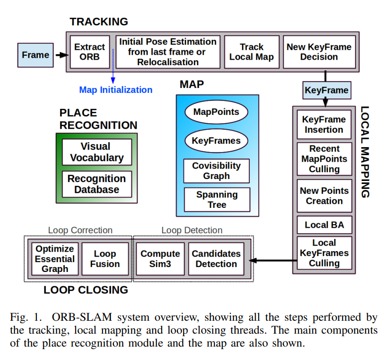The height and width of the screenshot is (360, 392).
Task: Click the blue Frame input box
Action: coord(35,55)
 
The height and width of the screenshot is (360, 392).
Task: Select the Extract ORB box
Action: coord(90,52)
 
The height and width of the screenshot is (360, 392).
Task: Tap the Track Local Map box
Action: coord(252,52)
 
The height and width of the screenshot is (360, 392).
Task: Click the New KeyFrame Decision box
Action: coord(319,52)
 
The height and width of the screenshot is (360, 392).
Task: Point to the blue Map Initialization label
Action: coord(116,90)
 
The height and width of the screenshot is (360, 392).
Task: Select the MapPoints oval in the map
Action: coord(216,112)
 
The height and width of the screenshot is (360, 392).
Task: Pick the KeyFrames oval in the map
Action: coord(216,141)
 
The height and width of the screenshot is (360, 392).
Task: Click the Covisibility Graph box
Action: coord(216,171)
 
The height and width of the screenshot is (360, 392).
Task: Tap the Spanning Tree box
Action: coord(216,199)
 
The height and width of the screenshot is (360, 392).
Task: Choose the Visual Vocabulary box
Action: coord(97,152)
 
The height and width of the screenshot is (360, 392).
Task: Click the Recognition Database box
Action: coord(97,184)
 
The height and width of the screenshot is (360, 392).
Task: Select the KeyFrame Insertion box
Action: coord(324,125)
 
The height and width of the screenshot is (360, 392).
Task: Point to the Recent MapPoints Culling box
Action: coord(324,159)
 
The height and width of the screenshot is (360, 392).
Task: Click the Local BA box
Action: coord(324,225)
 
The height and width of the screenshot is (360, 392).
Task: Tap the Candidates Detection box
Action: coord(216,259)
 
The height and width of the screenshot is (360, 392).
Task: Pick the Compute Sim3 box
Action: coord(160,259)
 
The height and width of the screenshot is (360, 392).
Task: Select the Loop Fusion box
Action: coord(104,259)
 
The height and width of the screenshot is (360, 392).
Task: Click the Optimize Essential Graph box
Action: coord(55,259)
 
